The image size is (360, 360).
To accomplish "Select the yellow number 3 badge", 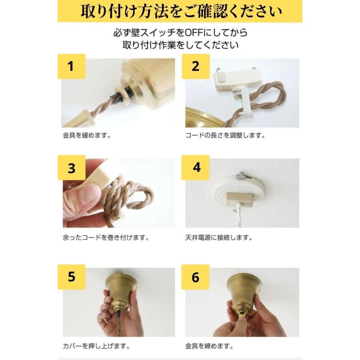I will pos(71,168).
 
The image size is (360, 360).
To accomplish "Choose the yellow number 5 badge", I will pos(71,277).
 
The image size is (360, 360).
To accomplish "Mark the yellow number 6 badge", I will pos(196,277).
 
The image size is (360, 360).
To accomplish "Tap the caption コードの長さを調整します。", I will pos(225,135).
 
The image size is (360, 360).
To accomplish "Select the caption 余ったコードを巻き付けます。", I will pos(106,238).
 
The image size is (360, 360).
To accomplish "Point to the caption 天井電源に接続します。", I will pos(218,238).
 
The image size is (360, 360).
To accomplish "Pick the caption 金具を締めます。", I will pos(210,345).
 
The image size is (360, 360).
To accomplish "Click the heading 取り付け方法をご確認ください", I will pos(180,11).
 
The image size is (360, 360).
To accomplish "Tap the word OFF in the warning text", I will pos(193,32).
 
